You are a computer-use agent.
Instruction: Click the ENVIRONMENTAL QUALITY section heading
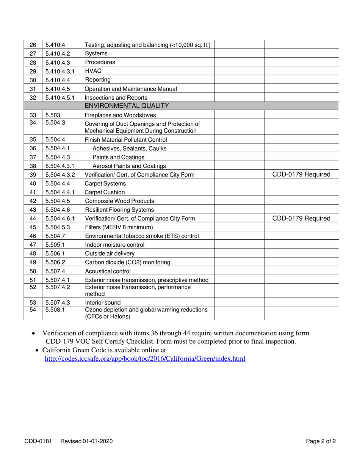[127, 106]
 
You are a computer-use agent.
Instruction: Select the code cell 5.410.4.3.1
[60, 71]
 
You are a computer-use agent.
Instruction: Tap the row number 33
[33, 115]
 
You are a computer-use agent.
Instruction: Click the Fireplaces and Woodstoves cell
[120, 115]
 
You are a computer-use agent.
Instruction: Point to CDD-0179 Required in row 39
[301, 175]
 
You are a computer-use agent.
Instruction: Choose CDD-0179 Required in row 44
[301, 218]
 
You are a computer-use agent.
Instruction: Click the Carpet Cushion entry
[105, 192]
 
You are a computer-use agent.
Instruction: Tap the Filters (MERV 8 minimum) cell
[119, 227]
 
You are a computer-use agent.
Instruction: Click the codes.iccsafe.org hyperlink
[145, 358]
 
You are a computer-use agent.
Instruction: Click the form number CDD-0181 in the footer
[38, 441]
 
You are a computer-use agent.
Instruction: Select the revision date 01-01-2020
[97, 441]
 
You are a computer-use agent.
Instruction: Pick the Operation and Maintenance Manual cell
[131, 89]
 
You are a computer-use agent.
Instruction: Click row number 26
[33, 45]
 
